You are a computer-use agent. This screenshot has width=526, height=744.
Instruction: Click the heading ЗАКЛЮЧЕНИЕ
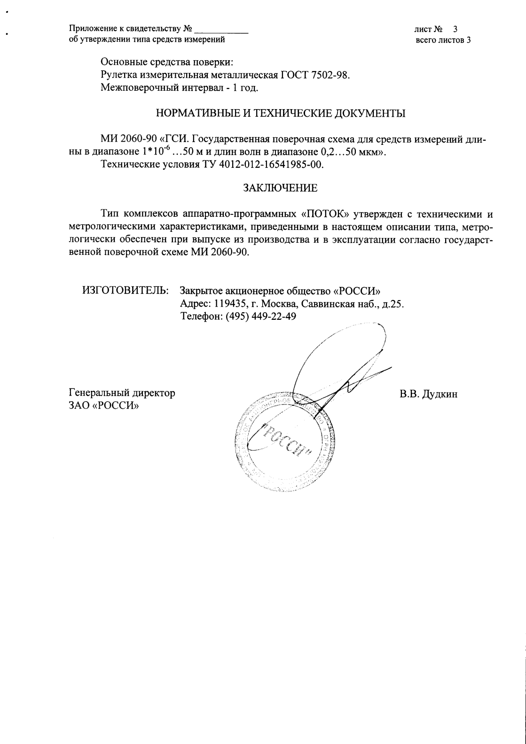point(280,188)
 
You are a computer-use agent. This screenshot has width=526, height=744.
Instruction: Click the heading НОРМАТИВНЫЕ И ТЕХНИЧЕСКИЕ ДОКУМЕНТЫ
point(280,113)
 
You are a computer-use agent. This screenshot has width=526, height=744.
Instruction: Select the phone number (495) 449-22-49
point(261,317)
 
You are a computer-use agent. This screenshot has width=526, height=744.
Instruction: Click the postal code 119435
point(229,304)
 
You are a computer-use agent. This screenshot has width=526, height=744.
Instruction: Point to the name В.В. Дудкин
point(428,394)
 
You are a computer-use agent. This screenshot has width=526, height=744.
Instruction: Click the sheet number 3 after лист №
point(455,29)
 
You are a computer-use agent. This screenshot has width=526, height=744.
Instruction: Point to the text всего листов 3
point(443,40)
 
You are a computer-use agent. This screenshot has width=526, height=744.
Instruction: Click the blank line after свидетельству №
point(221,29)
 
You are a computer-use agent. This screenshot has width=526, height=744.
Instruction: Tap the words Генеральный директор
point(122,393)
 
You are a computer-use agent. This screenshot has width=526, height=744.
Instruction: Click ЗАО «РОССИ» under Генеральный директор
point(104,405)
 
